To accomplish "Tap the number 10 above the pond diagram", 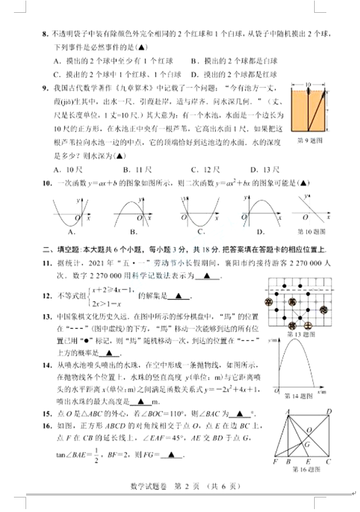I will point(307,84).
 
